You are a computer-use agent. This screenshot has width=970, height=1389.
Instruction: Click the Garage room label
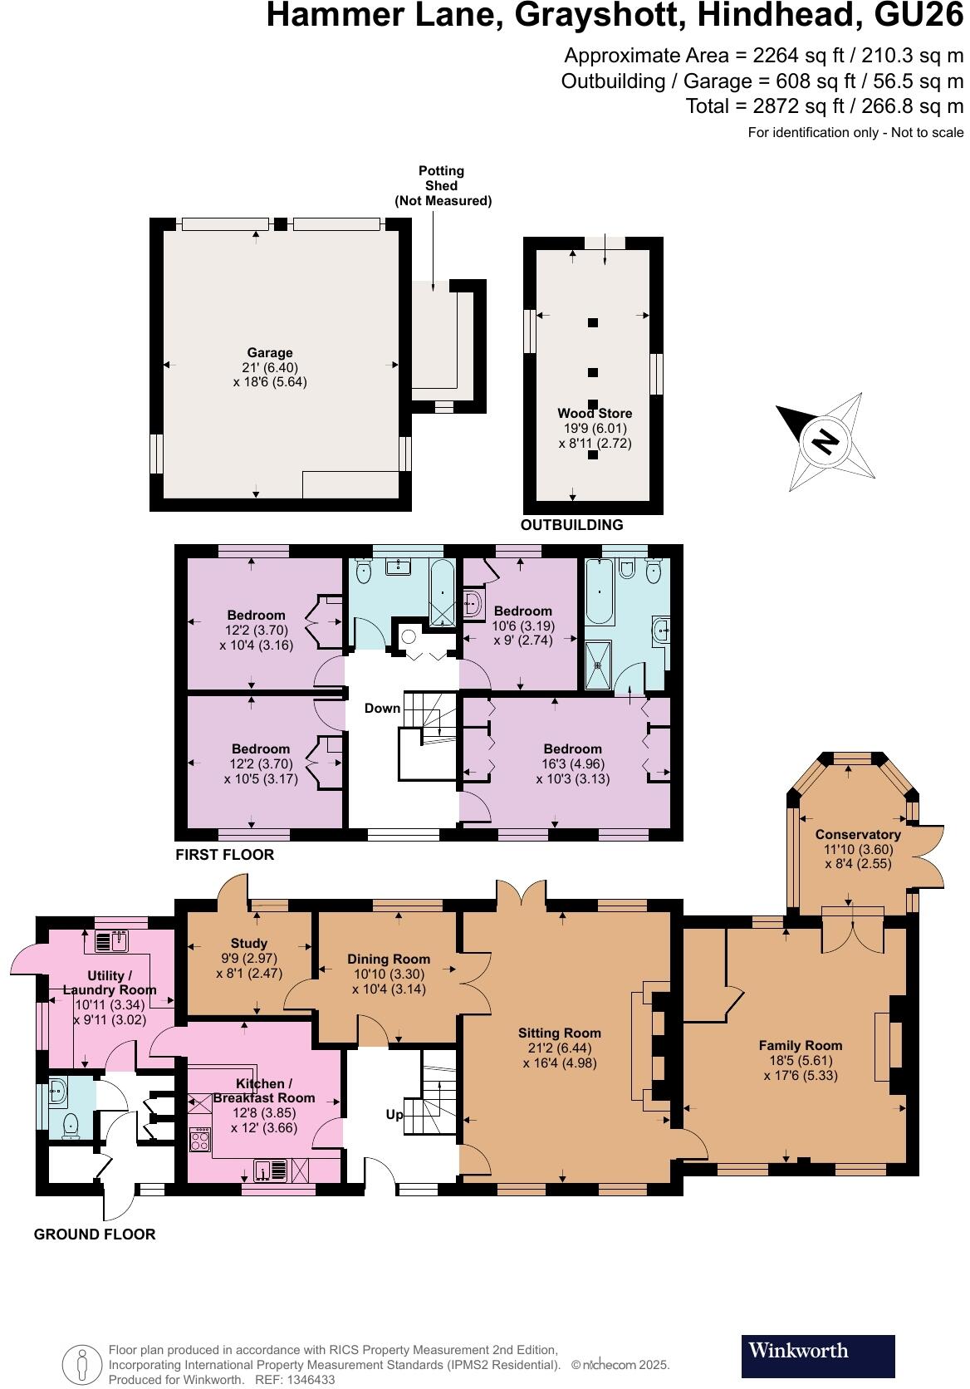pyautogui.click(x=270, y=353)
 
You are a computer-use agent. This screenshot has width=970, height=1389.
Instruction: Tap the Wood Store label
pyautogui.click(x=595, y=413)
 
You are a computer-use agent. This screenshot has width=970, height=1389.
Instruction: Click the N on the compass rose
pyautogui.click(x=825, y=441)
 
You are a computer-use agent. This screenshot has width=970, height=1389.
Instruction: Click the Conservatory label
pyautogui.click(x=858, y=834)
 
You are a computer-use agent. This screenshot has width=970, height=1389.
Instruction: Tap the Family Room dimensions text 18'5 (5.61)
pyautogui.click(x=801, y=1060)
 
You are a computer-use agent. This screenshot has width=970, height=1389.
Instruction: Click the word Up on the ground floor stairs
pyautogui.click(x=395, y=1114)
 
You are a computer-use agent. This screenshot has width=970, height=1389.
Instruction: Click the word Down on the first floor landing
pyautogui.click(x=382, y=709)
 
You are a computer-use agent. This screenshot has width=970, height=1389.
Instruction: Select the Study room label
pyautogui.click(x=249, y=943)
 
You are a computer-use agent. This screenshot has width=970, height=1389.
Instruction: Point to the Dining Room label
pyautogui.click(x=389, y=959)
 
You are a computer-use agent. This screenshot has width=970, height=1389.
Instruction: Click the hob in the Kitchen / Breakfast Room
pyautogui.click(x=200, y=1140)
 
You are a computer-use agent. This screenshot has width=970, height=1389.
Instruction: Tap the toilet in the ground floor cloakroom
pyautogui.click(x=71, y=1125)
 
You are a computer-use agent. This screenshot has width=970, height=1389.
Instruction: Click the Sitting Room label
pyautogui.click(x=560, y=1033)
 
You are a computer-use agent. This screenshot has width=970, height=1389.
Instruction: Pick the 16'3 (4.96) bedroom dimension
pyautogui.click(x=573, y=763)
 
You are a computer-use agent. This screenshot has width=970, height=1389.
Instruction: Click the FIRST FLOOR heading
pyautogui.click(x=224, y=854)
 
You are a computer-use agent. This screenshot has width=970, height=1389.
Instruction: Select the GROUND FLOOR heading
pyautogui.click(x=95, y=1234)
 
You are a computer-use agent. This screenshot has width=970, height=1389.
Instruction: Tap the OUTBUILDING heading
pyautogui.click(x=571, y=525)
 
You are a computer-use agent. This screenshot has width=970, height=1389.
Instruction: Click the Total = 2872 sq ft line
pyautogui.click(x=824, y=106)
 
